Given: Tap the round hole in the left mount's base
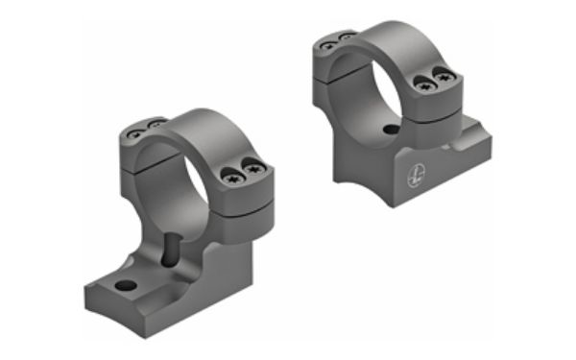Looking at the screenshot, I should [x=127, y=285].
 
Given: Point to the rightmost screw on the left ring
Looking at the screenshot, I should [x=254, y=170].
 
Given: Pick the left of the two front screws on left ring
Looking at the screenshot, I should [x=233, y=176].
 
